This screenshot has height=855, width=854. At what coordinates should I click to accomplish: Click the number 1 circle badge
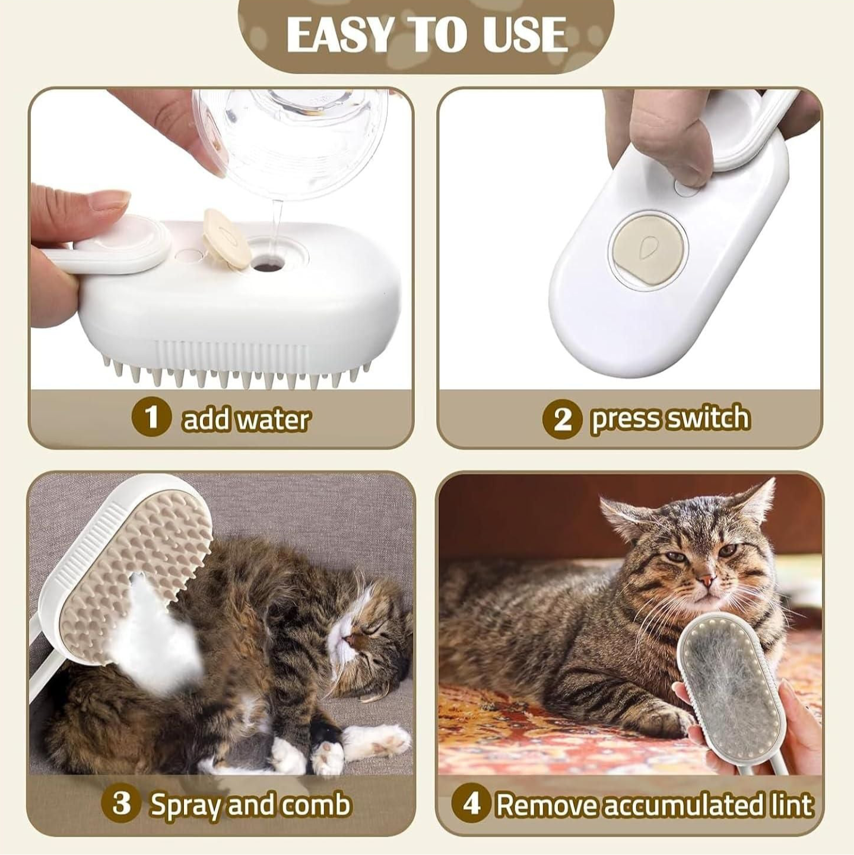tap(151, 417)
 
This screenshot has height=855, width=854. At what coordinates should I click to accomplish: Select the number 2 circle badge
tap(561, 419)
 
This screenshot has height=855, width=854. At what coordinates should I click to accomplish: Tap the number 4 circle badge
tap(471, 804)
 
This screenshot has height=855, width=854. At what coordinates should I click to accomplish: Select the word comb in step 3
tap(315, 805)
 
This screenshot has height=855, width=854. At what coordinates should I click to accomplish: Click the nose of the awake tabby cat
tap(704, 579)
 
